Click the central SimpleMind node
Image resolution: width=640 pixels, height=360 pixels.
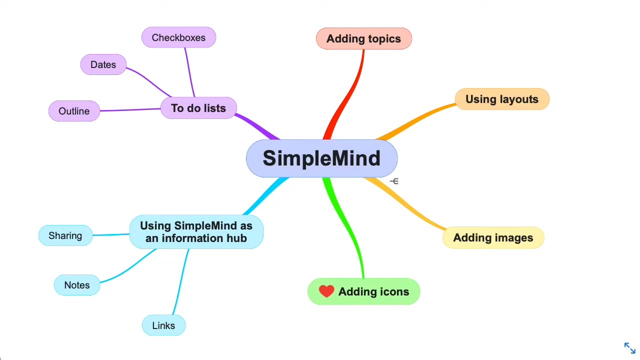click(321, 158)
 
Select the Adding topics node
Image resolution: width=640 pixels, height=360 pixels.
click(363, 39)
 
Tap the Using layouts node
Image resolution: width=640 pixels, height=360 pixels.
click(501, 99)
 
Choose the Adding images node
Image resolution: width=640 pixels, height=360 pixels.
click(493, 238)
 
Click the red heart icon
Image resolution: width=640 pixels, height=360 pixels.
click(326, 291)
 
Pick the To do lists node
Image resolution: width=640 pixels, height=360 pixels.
click(198, 108)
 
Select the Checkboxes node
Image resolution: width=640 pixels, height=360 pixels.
click(178, 37)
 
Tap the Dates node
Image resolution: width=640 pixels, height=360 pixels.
click(103, 64)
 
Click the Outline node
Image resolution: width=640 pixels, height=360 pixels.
click(74, 111)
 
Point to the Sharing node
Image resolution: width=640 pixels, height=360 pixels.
click(65, 235)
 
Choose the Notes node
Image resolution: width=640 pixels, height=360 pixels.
click(77, 285)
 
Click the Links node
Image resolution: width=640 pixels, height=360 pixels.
click(163, 325)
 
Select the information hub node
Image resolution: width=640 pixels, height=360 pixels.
click(196, 232)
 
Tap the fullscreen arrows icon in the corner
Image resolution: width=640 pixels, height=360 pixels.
click(629, 348)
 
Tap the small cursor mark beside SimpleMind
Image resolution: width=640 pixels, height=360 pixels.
click(394, 181)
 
